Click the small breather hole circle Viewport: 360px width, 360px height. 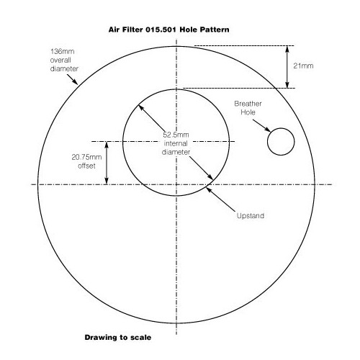pos(268,142)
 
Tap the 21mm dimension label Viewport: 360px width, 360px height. pos(303,66)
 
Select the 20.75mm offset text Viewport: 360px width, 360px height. pos(86,161)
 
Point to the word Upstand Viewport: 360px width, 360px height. pos(251,215)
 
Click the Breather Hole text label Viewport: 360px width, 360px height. pos(248,108)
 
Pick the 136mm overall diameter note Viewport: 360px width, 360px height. pos(64,60)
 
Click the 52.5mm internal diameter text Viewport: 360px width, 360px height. pos(176,143)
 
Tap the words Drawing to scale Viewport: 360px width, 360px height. pos(118,338)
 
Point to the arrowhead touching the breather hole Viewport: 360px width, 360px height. pos(268,130)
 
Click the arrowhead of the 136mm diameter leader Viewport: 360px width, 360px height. pos(76,82)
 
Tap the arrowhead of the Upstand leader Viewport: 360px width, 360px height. pos(209,190)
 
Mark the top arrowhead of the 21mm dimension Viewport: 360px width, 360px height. pos(287,49)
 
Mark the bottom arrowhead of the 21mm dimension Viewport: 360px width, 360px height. pos(287,85)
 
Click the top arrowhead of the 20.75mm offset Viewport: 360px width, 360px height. pos(107,145)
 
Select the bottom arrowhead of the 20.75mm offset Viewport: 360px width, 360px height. pos(107,181)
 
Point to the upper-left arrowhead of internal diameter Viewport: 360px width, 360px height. pos(141,108)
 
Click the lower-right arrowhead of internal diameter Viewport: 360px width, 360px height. pos(210,177)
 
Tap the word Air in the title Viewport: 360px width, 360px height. pos(114,30)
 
